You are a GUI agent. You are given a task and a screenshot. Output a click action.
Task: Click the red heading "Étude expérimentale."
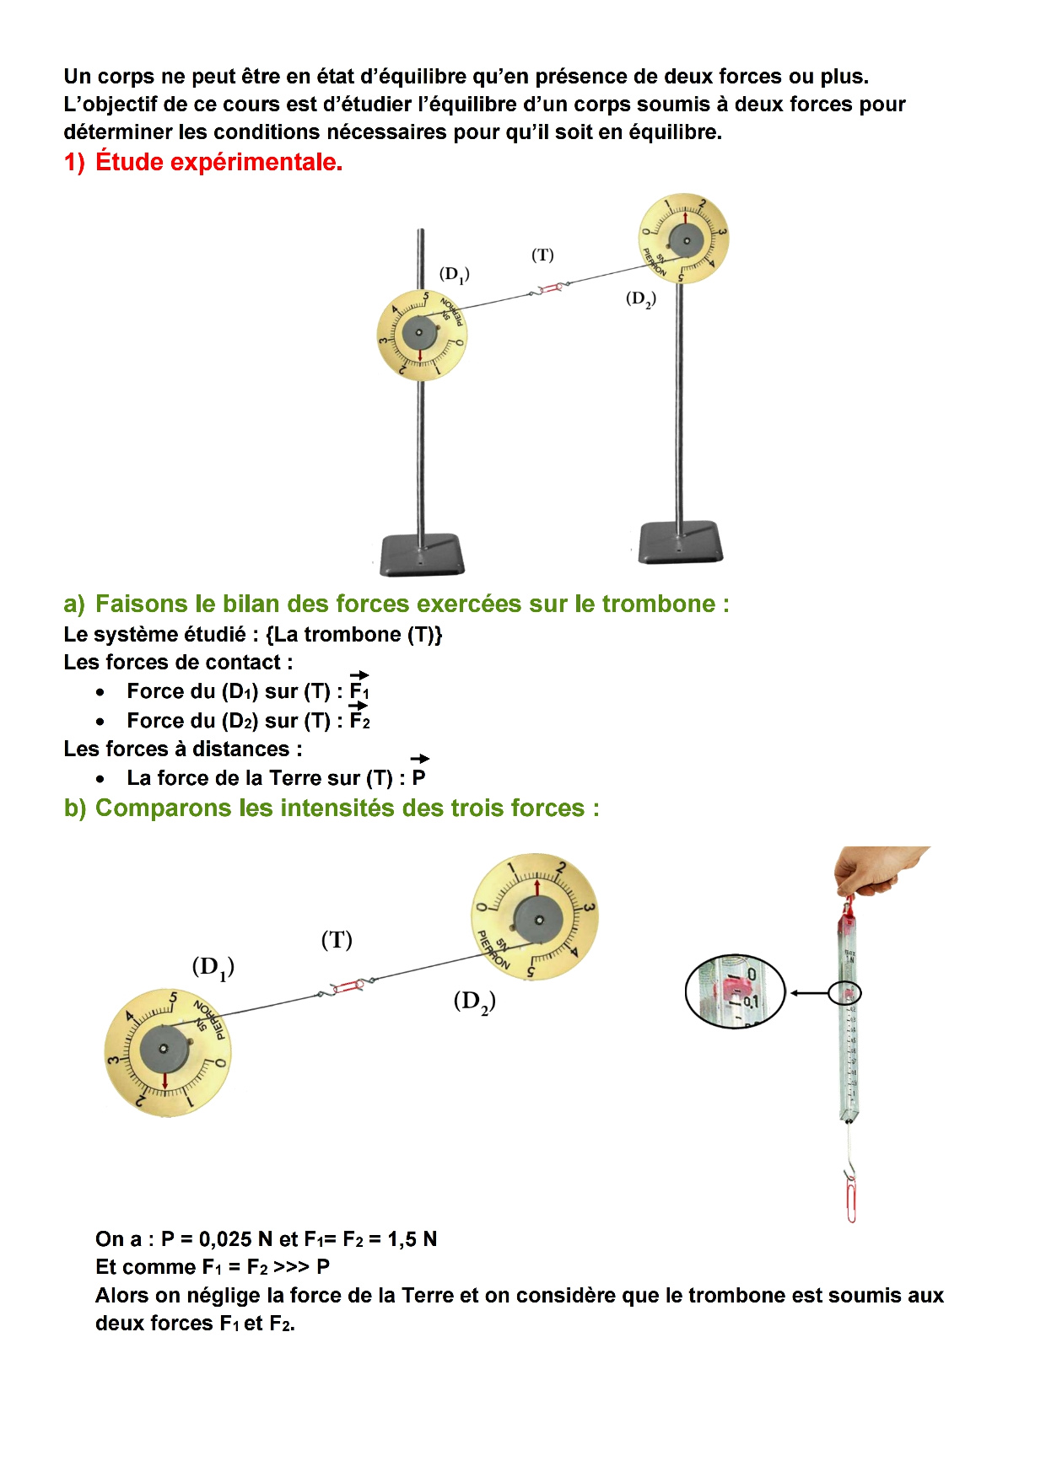218,162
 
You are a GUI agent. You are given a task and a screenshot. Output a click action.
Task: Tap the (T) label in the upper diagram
542,255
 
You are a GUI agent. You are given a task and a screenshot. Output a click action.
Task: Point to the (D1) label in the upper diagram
455,274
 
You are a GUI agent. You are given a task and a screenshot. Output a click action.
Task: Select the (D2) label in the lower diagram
475,1001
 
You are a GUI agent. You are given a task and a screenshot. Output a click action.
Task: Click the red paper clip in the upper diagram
551,288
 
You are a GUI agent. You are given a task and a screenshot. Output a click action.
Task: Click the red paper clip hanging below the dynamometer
851,1197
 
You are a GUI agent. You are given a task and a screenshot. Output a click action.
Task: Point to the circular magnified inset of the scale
735,992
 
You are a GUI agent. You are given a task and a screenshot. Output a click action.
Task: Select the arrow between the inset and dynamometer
808,994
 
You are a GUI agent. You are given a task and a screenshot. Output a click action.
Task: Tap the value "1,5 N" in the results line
412,1239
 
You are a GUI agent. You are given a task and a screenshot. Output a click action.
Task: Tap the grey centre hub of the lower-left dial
164,1049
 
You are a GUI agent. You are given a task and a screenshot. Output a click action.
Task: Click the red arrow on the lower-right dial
537,889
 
